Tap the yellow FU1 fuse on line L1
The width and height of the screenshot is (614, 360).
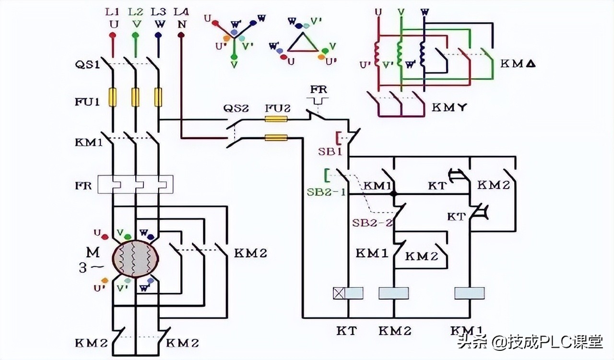[113, 96]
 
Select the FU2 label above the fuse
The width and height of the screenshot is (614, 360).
[277, 108]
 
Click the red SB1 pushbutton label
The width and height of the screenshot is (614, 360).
[330, 151]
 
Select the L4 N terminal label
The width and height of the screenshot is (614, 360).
[181, 17]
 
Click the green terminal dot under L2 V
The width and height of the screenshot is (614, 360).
[136, 35]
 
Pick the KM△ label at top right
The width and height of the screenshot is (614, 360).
[518, 63]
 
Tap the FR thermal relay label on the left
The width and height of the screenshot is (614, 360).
[83, 186]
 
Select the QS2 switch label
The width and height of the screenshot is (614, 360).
[236, 109]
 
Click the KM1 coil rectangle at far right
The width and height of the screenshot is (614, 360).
[470, 293]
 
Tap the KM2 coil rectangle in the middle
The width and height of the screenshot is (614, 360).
[394, 293]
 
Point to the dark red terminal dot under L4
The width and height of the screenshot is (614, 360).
[181, 35]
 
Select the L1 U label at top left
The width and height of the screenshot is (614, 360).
[113, 17]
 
